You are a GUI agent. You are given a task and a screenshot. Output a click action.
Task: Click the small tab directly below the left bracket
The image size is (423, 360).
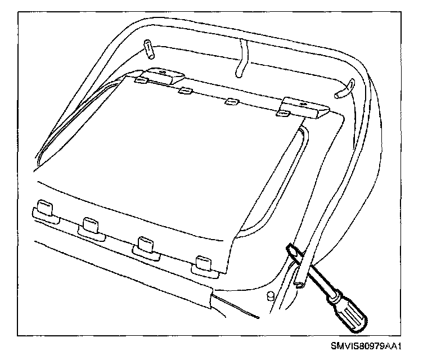[142, 81]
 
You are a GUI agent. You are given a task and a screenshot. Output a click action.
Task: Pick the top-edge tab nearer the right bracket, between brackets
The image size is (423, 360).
[231, 102]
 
